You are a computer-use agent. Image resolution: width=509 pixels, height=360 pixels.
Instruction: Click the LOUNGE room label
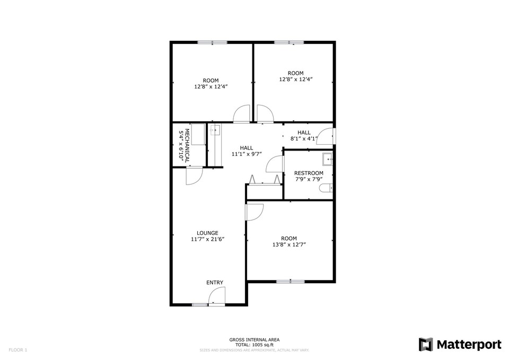point(207,233)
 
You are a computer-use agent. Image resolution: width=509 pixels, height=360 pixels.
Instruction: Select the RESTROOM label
point(309,173)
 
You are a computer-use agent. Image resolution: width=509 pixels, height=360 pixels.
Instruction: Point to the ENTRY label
point(215,283)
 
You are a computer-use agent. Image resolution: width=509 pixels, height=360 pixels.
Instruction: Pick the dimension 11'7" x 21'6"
point(208,239)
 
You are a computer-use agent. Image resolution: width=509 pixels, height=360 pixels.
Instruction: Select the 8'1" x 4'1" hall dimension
point(304,138)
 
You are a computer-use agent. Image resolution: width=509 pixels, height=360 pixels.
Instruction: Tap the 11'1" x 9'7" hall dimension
point(247,154)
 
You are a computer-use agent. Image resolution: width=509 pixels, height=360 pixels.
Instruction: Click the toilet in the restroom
point(327,188)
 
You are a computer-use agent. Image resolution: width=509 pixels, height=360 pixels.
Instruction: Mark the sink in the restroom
point(328,159)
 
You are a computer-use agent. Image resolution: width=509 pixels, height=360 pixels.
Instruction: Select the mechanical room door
point(195,175)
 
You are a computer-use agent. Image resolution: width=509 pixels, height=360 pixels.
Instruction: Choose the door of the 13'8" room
point(255,212)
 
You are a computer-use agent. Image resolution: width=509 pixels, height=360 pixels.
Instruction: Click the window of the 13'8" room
point(291,282)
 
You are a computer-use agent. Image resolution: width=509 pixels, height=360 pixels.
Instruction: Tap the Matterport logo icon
point(426,345)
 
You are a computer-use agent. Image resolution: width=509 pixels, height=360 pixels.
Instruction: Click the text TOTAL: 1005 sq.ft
point(254,345)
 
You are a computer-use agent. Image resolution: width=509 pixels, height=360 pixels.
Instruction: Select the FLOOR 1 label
point(18,350)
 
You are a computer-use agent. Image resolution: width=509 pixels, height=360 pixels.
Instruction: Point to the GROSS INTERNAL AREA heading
point(254,340)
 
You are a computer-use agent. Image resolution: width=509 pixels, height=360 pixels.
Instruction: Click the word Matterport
point(469,345)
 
